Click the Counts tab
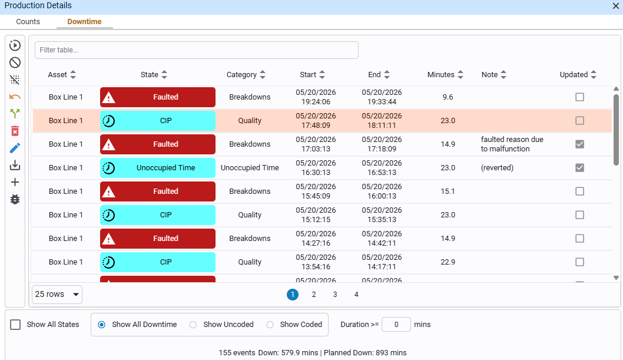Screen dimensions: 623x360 click(x=28, y=21)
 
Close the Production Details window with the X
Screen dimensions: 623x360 click(x=615, y=6)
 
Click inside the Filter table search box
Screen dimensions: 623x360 click(x=196, y=50)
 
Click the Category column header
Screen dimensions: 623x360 click(x=246, y=75)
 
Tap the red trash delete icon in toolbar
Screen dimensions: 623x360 click(x=15, y=131)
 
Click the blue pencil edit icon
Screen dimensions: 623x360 click(x=15, y=148)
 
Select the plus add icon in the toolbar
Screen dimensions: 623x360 click(x=15, y=183)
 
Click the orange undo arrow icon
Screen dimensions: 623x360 click(x=15, y=97)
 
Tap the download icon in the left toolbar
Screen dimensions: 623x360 click(x=15, y=166)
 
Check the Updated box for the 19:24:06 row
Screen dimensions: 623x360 click(x=579, y=97)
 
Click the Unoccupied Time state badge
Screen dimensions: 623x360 click(x=158, y=168)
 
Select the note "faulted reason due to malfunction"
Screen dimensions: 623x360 click(x=512, y=144)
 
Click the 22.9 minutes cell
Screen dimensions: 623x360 click(x=448, y=262)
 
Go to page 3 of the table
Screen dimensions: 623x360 click(x=335, y=295)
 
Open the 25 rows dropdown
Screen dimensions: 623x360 click(x=57, y=295)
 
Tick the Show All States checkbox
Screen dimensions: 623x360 click(x=15, y=325)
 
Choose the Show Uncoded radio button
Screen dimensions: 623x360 click(x=193, y=325)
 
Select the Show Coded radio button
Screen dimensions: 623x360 click(x=270, y=325)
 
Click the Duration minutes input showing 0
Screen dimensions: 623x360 click(x=396, y=325)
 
